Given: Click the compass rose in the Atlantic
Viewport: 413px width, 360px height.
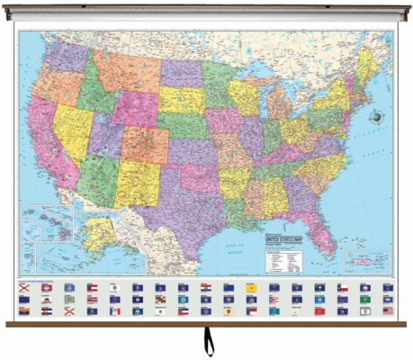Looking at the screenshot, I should [373, 115].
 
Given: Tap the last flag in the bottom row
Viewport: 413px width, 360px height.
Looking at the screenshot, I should [388, 310].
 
